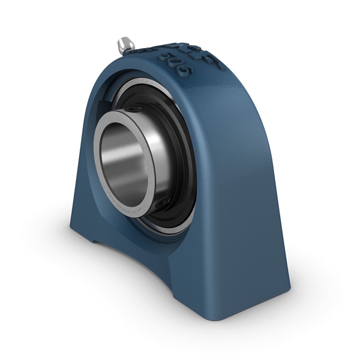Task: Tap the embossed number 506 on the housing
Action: pyautogui.click(x=173, y=61)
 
